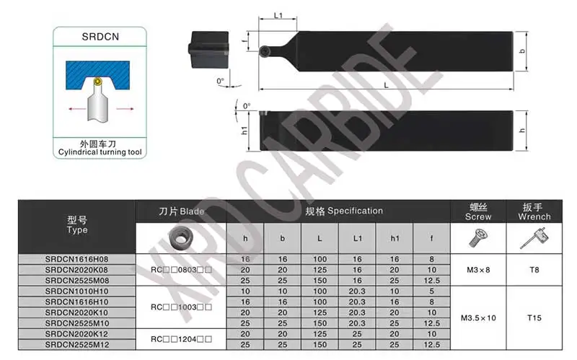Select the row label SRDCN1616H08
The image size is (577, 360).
click(x=77, y=258)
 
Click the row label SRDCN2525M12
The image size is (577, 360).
click(x=77, y=345)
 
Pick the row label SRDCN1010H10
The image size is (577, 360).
click(x=77, y=291)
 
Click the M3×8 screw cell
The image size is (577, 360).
click(x=478, y=269)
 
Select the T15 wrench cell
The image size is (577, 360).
click(x=534, y=317)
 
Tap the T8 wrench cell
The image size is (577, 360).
click(x=534, y=269)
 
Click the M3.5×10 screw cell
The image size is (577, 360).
click(x=478, y=317)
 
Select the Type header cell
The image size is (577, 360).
click(x=77, y=225)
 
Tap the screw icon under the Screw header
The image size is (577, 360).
click(x=477, y=237)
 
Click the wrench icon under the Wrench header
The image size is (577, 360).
click(x=534, y=237)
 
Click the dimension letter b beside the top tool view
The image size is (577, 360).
click(x=521, y=51)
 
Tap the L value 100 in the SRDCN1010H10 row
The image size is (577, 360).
click(x=320, y=291)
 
